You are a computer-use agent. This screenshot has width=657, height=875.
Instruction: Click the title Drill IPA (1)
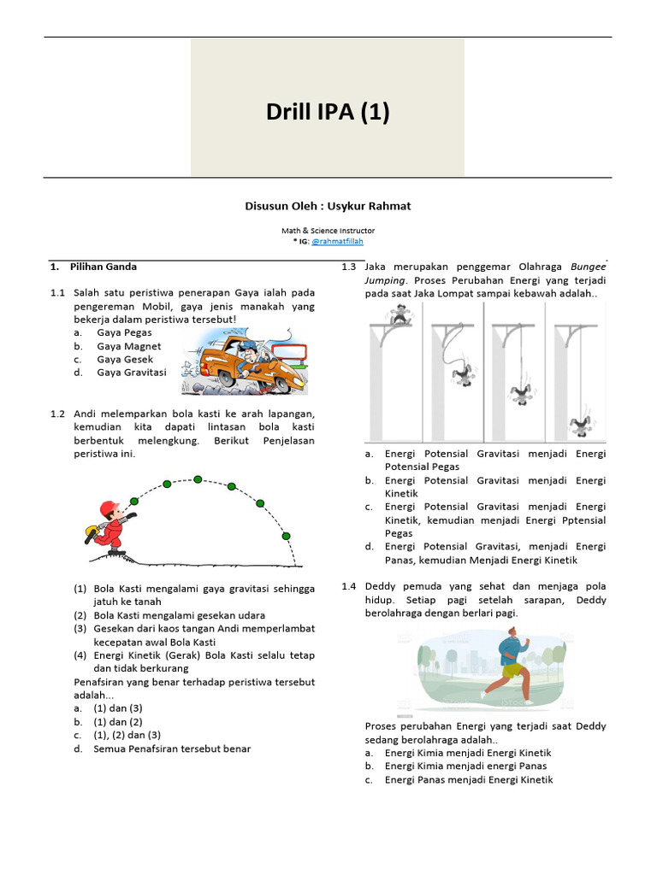[328, 112]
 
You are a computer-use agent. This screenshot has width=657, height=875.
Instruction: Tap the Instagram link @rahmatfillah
[337, 242]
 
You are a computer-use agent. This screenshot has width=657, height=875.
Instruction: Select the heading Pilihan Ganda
[104, 267]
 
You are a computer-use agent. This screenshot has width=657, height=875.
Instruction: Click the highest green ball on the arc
[198, 479]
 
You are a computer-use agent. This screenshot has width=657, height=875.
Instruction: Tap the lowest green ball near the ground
[287, 536]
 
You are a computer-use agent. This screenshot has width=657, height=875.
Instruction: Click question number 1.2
[57, 414]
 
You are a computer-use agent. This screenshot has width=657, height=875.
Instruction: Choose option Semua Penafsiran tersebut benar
[172, 749]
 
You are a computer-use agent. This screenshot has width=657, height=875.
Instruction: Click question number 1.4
[348, 586]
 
